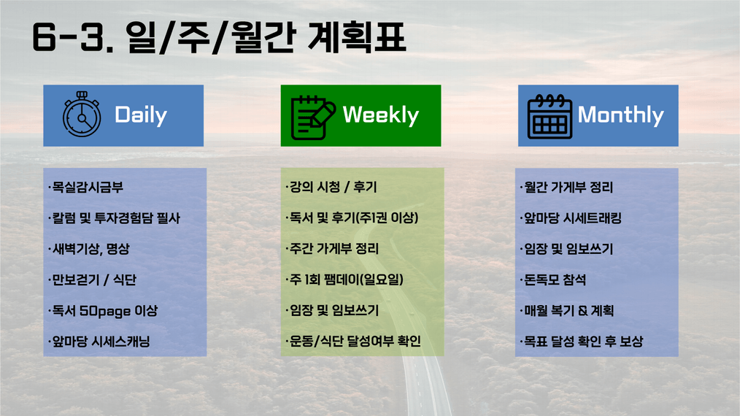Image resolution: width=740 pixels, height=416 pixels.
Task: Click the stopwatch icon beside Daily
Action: click(82, 115)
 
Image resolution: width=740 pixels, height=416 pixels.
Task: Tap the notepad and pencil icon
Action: click(313, 118)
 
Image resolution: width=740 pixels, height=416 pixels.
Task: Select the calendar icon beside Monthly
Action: click(550, 117)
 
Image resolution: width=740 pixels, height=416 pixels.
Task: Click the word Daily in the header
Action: click(141, 115)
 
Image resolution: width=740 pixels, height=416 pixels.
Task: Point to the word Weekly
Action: click(381, 115)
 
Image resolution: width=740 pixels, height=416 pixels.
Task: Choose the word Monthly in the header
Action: click(620, 115)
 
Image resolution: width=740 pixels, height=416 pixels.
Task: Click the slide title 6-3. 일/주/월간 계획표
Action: click(219, 37)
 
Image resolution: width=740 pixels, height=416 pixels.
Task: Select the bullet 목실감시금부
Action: click(86, 187)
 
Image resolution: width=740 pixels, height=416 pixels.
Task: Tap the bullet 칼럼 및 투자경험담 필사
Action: click(114, 218)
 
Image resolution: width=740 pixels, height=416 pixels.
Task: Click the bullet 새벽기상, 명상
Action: click(89, 249)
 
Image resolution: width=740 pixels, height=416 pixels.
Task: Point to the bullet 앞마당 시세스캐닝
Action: click(99, 342)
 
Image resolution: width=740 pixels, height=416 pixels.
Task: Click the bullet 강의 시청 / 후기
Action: click(331, 187)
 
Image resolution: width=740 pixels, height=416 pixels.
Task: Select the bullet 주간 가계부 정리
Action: click(332, 249)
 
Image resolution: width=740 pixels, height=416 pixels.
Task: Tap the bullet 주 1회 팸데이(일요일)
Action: click(344, 280)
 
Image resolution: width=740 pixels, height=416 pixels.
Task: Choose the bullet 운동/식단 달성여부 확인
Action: click(353, 342)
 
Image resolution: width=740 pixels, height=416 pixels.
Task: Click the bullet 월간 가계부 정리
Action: click(566, 188)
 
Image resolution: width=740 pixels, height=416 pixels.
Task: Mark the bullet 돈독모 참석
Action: click(553, 280)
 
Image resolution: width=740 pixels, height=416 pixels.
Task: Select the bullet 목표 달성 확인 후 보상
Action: click(582, 342)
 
